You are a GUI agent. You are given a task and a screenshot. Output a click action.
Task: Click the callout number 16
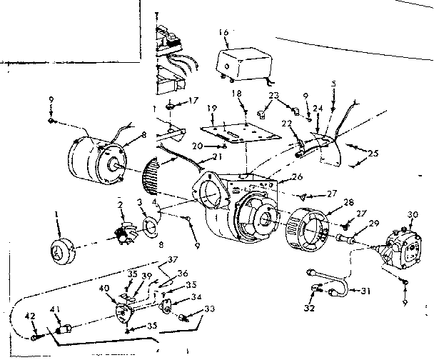[224, 34]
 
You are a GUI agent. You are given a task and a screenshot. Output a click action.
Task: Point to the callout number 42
[31, 316]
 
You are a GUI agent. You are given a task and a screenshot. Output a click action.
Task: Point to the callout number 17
[193, 101]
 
